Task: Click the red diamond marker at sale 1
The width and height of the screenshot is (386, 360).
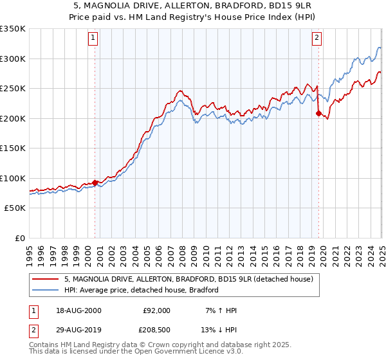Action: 95,183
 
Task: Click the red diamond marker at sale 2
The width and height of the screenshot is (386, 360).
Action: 318,113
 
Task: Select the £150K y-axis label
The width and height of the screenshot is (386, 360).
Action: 12,148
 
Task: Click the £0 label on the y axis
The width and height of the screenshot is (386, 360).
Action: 20,238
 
